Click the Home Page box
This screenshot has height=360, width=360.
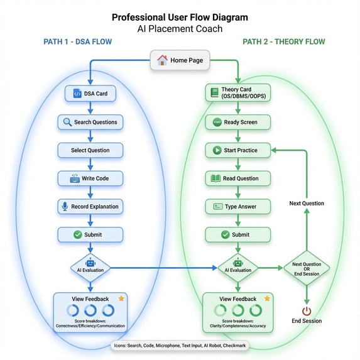[180, 60]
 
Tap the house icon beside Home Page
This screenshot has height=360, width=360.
[162, 60]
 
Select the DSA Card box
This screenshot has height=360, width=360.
[90, 94]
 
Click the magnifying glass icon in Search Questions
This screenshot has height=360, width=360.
[67, 122]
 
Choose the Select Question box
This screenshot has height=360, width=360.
[90, 150]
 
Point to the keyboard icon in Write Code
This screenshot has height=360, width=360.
[75, 178]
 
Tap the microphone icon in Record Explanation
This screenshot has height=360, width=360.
[65, 207]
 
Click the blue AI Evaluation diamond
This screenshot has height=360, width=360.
[90, 268]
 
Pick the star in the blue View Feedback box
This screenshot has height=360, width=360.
[121, 298]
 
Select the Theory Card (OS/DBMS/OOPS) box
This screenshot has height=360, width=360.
[238, 93]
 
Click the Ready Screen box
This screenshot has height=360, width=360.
[238, 122]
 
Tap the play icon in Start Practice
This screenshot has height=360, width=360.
[217, 150]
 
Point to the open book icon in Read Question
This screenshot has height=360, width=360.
[215, 178]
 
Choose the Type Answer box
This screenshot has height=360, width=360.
[238, 207]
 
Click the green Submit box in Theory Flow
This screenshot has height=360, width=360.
[238, 234]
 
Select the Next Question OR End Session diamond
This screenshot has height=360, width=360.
[307, 268]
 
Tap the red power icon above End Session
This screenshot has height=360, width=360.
[307, 312]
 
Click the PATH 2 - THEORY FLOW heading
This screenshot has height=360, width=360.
[284, 41]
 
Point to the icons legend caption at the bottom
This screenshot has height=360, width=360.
[180, 346]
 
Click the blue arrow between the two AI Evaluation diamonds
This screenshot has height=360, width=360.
[164, 268]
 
